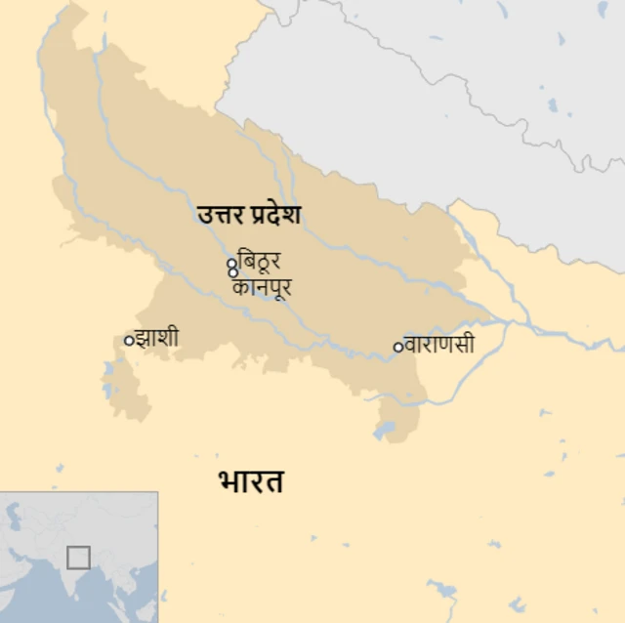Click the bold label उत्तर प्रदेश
coord(249,214)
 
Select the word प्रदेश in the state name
coord(272,214)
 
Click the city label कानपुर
coord(262,288)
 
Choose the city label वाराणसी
coord(439,345)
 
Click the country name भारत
coord(251,480)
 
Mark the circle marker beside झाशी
coord(128,340)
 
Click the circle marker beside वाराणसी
coord(397,346)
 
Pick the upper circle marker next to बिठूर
coord(231,263)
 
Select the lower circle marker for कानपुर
coord(232,272)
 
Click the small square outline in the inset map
coord(78,558)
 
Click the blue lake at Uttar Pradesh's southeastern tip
coord(384,430)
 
